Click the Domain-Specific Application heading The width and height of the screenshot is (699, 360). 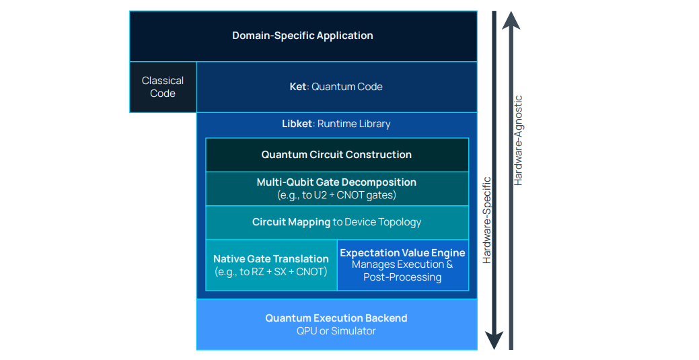coord(303,36)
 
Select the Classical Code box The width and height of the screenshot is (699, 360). coord(163,87)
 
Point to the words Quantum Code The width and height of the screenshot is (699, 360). coord(347,87)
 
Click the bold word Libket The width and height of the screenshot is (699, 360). coord(297,124)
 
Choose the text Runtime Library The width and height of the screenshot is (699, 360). coord(354,124)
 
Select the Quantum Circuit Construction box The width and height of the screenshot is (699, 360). coord(336,155)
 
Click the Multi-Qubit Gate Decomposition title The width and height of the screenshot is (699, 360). coord(336,182)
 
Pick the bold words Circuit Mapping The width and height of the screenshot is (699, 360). coord(291,222)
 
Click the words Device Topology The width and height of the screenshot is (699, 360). coord(383,222)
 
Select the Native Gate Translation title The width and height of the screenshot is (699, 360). coord(271,259)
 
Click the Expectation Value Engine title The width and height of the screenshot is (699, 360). coord(402,253)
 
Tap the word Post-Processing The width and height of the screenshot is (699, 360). coord(402,277)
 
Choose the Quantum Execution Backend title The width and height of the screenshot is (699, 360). coord(336,318)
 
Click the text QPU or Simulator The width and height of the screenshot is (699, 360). coord(336,331)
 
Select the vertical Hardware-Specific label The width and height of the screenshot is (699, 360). coord(487,219)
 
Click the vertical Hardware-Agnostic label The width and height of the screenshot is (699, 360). coord(518,140)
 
